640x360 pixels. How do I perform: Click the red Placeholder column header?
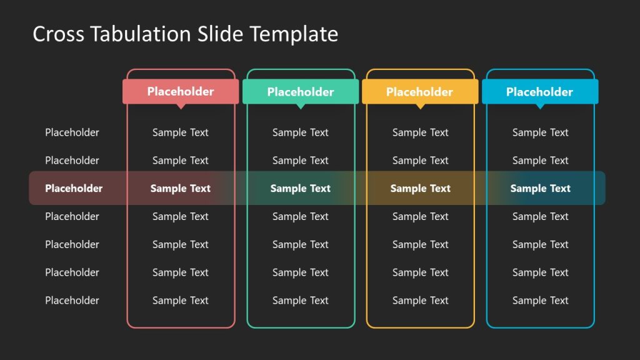point(181,91)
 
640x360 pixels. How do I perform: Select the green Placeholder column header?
point(301,92)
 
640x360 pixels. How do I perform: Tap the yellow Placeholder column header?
point(420,92)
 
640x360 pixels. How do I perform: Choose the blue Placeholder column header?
point(539,92)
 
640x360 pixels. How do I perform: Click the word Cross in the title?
point(58,34)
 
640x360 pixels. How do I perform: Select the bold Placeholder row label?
point(74,188)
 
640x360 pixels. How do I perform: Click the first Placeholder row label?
point(72,132)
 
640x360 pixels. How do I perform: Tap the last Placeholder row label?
point(72,301)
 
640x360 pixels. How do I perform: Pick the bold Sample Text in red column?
point(181,188)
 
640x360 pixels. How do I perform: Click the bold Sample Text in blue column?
point(541,188)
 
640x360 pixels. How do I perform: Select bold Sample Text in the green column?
point(301,188)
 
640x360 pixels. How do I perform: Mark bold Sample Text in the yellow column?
point(421,188)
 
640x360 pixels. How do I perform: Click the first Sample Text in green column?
point(301,132)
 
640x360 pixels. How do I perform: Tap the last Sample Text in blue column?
point(541,301)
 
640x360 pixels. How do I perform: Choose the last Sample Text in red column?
point(181,301)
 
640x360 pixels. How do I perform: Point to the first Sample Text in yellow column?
point(421,132)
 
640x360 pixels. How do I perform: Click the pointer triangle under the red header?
point(181,106)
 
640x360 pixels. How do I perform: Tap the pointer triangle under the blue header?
point(540,106)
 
